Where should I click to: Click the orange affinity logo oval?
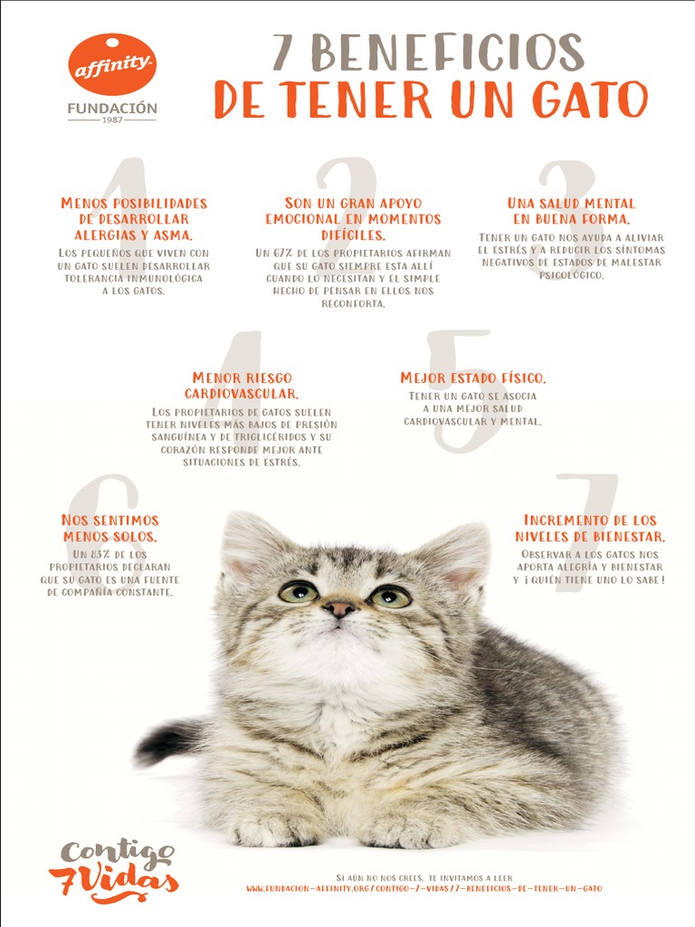[112, 64]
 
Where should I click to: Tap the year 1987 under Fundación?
[112, 119]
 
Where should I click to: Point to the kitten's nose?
[339, 608]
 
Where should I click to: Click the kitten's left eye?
[298, 592]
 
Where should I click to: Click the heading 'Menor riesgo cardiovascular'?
[242, 386]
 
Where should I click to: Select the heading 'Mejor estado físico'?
[472, 378]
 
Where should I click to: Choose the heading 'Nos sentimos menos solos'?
[110, 528]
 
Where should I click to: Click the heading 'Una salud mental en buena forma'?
[571, 211]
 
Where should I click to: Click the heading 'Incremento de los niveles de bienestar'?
[590, 528]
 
